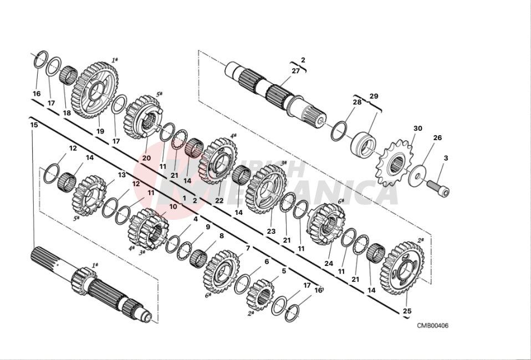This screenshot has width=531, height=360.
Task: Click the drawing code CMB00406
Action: (x=432, y=325)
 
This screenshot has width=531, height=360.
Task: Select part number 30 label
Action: (x=417, y=128)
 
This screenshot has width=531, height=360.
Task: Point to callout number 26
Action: (x=437, y=138)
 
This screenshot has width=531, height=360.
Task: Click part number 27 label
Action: (x=295, y=71)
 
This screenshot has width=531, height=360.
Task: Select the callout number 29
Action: (x=374, y=96)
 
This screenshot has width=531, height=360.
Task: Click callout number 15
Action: (x=34, y=125)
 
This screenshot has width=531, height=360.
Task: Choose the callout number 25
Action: (x=407, y=311)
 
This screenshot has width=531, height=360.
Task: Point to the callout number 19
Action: (x=100, y=131)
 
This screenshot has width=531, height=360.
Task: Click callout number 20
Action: (x=146, y=158)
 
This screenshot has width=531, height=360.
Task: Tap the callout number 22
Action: (x=219, y=200)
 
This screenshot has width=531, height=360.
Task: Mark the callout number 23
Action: (x=270, y=232)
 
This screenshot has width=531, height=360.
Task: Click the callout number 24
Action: (x=329, y=263)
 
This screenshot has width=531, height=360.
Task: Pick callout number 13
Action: (x=122, y=175)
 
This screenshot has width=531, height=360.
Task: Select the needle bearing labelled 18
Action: (x=68, y=75)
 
